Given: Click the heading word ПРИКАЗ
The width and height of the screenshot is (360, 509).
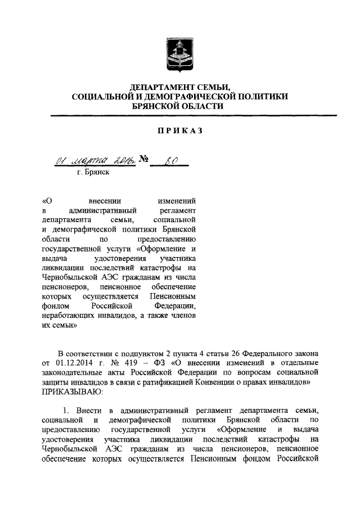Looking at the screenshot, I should (x=180, y=130).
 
